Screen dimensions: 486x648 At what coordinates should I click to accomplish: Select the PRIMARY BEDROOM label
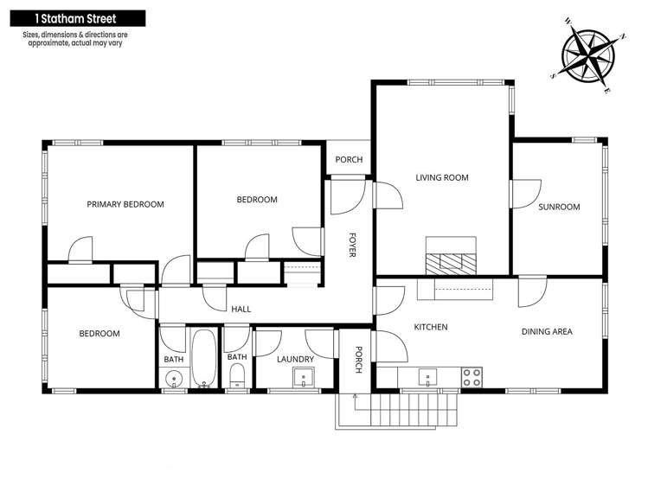pyautogui.click(x=125, y=205)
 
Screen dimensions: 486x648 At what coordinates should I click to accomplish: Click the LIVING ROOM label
pyautogui.click(x=442, y=178)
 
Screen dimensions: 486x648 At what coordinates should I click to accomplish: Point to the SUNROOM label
pyautogui.click(x=559, y=208)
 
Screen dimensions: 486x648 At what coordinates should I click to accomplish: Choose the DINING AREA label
pyautogui.click(x=547, y=332)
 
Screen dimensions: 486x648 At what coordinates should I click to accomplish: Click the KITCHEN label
pyautogui.click(x=430, y=328)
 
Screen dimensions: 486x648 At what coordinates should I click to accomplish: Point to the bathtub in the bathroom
pyautogui.click(x=204, y=359)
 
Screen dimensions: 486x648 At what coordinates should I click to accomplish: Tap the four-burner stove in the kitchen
pyautogui.click(x=472, y=376)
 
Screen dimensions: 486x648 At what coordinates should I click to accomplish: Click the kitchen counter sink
pyautogui.click(x=426, y=376)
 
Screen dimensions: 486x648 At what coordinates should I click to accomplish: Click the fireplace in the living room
pyautogui.click(x=450, y=257)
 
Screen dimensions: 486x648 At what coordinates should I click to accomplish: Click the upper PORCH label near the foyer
pyautogui.click(x=349, y=160)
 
